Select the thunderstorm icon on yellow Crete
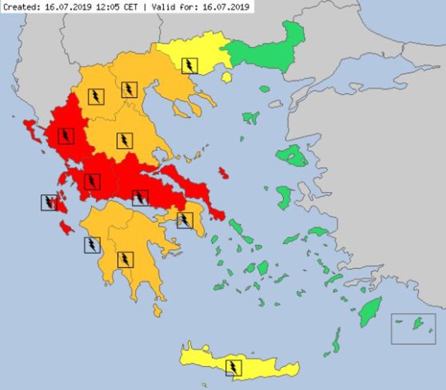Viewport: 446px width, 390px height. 234,368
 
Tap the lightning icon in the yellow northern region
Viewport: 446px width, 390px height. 190,66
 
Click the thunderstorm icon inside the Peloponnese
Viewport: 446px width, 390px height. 125,259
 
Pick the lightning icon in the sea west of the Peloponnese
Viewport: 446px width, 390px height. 92,245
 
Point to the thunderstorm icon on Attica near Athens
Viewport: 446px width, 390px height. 184,220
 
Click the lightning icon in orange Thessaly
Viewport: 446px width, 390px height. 124,141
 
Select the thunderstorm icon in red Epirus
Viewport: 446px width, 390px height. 66,136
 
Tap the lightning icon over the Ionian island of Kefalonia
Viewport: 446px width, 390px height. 49,202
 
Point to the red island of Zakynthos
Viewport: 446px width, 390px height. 66,228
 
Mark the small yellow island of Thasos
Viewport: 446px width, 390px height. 226,77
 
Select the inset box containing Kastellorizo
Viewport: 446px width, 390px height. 413,328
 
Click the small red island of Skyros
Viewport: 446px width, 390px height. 224,172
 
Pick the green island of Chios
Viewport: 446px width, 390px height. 284,197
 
